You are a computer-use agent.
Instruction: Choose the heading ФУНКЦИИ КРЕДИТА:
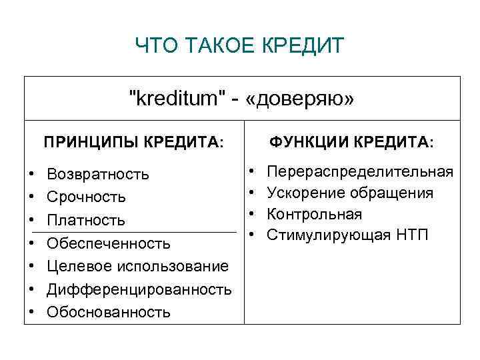click(x=351, y=142)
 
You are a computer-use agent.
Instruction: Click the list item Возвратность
click(x=98, y=175)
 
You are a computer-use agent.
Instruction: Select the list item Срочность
click(x=87, y=197)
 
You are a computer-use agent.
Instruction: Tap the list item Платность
click(x=86, y=220)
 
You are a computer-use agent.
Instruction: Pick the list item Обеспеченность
click(x=109, y=243)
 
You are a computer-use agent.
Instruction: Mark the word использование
click(x=173, y=266)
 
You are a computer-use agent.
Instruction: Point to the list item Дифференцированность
click(x=139, y=289)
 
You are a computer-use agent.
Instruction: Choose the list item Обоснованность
click(x=109, y=312)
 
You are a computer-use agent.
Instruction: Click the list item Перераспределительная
click(x=360, y=172)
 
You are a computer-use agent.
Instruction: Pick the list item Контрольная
click(x=315, y=214)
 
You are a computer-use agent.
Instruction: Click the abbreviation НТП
click(x=414, y=235)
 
